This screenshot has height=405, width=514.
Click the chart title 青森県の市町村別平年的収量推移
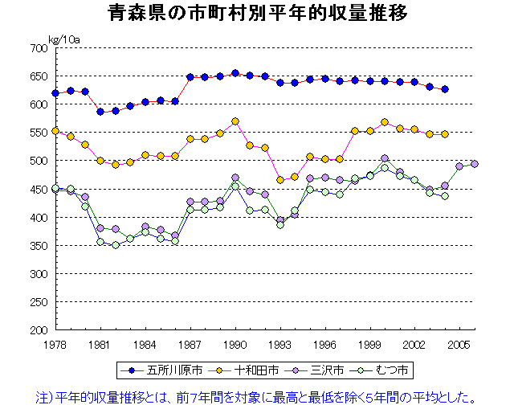(257, 14)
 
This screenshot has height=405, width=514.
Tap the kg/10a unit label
(65, 39)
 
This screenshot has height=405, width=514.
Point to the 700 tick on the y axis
(39, 48)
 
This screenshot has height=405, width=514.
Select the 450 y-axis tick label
(39, 190)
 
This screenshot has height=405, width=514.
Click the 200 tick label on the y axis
(39, 330)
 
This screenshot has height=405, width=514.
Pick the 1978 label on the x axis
(55, 344)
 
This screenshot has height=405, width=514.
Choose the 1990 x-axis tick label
(235, 344)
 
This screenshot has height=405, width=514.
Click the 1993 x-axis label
(280, 344)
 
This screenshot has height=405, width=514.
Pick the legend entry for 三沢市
(319, 370)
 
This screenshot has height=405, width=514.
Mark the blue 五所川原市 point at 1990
(235, 73)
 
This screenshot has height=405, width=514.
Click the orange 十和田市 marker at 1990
(235, 121)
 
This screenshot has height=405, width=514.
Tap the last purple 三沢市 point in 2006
(475, 164)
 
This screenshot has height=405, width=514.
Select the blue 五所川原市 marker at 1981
(100, 112)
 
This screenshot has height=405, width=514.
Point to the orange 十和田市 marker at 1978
(55, 131)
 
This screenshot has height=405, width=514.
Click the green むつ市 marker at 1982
(116, 245)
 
